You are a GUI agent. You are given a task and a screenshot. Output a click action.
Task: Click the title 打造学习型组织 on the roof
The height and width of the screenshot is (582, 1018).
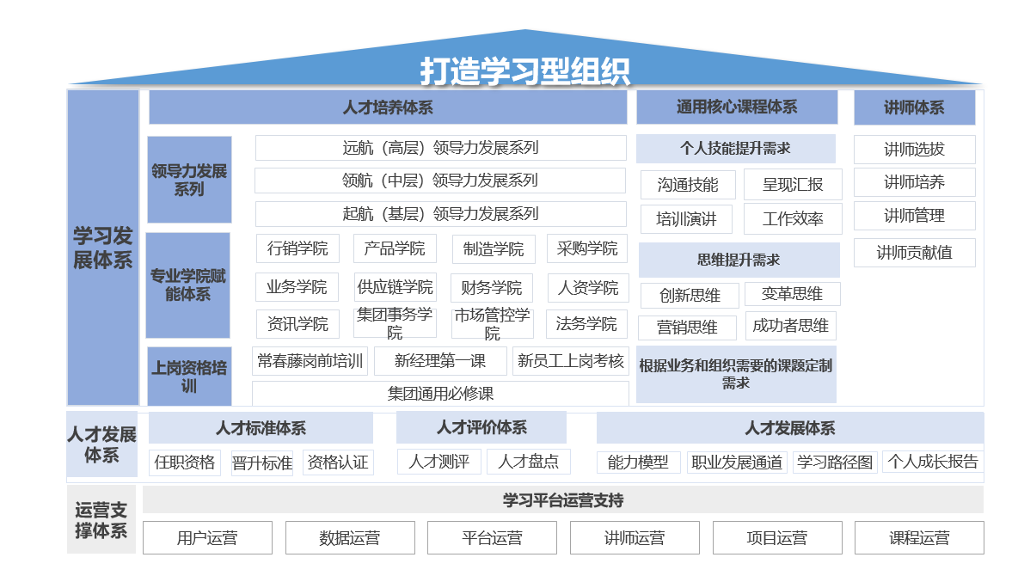(x=524, y=70)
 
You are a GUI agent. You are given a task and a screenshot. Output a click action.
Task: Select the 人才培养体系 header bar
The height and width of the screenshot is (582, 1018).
(x=388, y=107)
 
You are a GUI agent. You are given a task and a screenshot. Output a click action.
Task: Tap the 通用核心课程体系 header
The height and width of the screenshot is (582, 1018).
(x=737, y=107)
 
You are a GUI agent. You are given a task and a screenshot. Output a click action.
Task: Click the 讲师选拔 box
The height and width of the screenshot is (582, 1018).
(x=914, y=150)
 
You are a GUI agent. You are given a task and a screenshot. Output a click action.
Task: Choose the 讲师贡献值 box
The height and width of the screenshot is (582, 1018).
(x=914, y=253)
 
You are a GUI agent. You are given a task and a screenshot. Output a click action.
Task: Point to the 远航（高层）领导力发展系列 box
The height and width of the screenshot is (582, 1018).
(x=441, y=148)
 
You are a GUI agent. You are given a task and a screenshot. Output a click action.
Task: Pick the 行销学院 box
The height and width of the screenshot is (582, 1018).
(x=297, y=248)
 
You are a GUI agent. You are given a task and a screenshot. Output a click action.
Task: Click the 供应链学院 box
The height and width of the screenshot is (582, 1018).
(x=395, y=287)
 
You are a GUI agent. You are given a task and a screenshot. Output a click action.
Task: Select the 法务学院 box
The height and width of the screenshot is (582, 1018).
(x=586, y=324)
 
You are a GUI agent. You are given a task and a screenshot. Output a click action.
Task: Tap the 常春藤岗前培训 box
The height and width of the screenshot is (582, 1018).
(x=310, y=361)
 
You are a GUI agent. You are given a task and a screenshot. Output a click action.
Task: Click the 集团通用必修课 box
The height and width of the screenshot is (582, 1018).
(x=440, y=393)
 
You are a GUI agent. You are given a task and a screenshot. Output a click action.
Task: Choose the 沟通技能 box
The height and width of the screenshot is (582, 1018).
(x=688, y=185)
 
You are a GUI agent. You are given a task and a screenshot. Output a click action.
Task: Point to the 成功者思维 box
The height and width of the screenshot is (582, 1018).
(x=790, y=326)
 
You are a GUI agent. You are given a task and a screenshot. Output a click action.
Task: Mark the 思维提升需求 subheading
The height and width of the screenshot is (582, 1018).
(x=739, y=260)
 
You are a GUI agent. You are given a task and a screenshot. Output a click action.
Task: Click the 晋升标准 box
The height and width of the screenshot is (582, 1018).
(x=261, y=463)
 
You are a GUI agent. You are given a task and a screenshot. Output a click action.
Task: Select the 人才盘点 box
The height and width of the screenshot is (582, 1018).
(x=529, y=462)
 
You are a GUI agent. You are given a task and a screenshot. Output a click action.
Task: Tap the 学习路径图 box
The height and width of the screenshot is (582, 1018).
(x=835, y=462)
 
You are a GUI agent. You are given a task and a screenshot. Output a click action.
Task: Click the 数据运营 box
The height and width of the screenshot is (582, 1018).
(x=350, y=538)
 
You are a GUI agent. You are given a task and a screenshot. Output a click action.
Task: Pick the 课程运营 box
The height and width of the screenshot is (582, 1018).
(x=919, y=538)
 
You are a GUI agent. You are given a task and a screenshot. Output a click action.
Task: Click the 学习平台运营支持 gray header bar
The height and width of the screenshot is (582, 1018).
(x=563, y=500)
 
